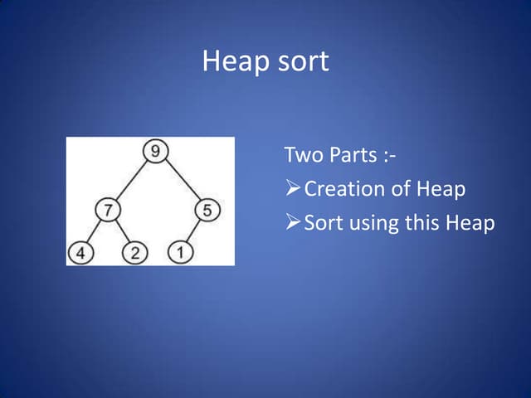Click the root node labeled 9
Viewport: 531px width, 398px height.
coord(154,152)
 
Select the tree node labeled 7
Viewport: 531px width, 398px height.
coord(107,211)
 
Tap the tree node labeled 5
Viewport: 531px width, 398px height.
coord(207,211)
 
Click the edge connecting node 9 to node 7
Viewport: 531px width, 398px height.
coord(131,181)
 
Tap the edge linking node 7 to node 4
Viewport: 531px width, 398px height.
coord(94,233)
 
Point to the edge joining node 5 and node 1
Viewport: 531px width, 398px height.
coord(195,232)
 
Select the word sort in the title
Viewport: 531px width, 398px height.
coord(300,62)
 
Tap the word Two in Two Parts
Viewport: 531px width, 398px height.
coord(301,155)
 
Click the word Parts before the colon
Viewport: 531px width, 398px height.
coord(354,155)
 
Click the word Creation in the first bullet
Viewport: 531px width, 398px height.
coord(344,189)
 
